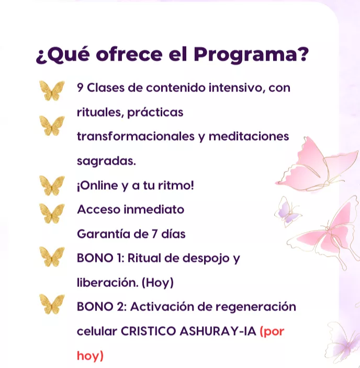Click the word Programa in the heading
click(245, 55)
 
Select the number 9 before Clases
click(80, 88)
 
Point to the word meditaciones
click(249, 136)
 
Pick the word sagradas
click(106, 162)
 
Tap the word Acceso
click(99, 209)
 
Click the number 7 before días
click(154, 234)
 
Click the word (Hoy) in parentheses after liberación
click(157, 282)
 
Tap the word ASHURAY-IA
click(218, 331)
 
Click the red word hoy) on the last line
click(90, 355)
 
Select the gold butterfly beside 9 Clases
click(52, 91)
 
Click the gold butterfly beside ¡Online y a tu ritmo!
click(52, 186)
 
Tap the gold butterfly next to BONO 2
click(52, 304)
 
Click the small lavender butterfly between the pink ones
click(288, 212)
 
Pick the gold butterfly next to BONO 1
click(52, 257)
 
